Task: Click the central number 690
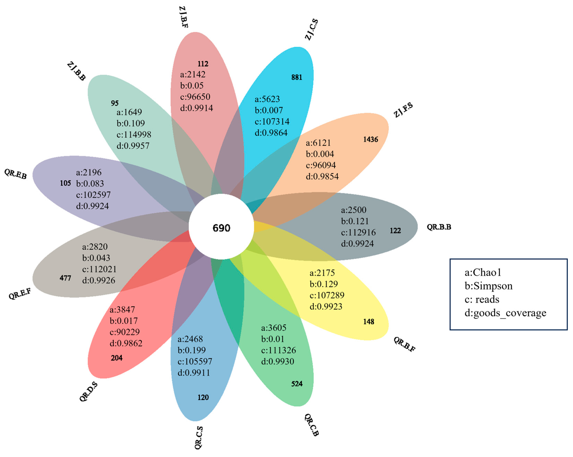(x=221, y=228)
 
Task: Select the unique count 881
(x=297, y=77)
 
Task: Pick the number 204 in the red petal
(x=116, y=358)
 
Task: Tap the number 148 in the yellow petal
(x=369, y=322)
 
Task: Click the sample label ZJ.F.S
(x=403, y=110)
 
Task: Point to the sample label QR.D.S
(x=89, y=392)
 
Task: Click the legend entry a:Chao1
(x=483, y=272)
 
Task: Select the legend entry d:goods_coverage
(x=505, y=313)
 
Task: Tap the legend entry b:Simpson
(x=488, y=286)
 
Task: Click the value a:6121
(x=318, y=143)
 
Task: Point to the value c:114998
(x=134, y=135)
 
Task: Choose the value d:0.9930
(x=278, y=361)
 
